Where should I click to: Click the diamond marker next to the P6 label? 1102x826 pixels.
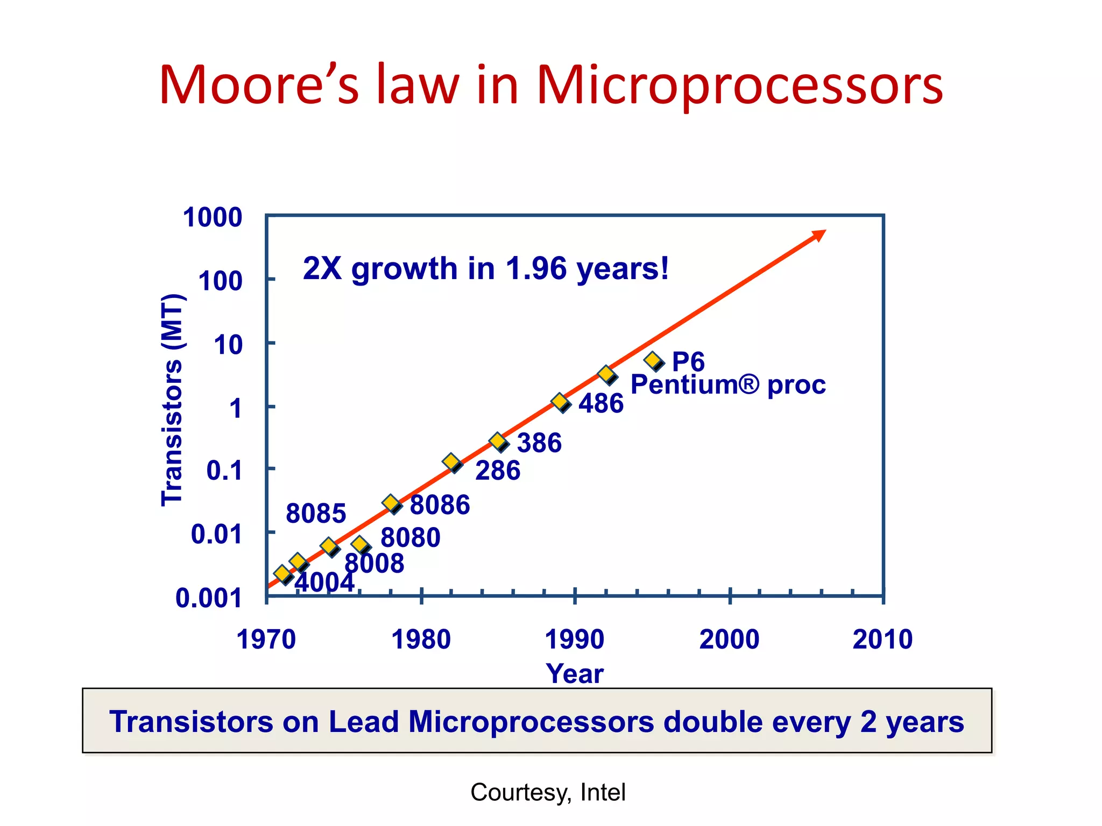click(653, 360)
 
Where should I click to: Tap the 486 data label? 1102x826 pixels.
click(601, 403)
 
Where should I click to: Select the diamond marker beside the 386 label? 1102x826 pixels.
click(498, 442)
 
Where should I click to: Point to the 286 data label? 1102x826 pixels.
click(498, 471)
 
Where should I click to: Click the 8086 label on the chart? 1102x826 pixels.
click(440, 505)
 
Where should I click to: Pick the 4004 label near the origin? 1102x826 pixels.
click(324, 582)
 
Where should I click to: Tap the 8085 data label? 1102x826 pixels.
click(316, 514)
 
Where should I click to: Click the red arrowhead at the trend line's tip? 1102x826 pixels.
click(818, 235)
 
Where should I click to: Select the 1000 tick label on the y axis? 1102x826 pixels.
click(213, 218)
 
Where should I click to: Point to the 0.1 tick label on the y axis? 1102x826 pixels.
click(224, 471)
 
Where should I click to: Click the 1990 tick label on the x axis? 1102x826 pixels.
click(575, 640)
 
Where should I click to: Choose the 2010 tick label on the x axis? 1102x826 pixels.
click(882, 640)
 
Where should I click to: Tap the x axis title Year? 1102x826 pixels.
click(575, 674)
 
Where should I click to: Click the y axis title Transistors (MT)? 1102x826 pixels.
click(173, 400)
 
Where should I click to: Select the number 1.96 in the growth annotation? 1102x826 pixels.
click(536, 268)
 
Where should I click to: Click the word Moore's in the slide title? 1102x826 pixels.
click(259, 85)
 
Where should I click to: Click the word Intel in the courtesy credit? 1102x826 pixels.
click(603, 793)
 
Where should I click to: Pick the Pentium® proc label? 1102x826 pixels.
click(727, 384)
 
